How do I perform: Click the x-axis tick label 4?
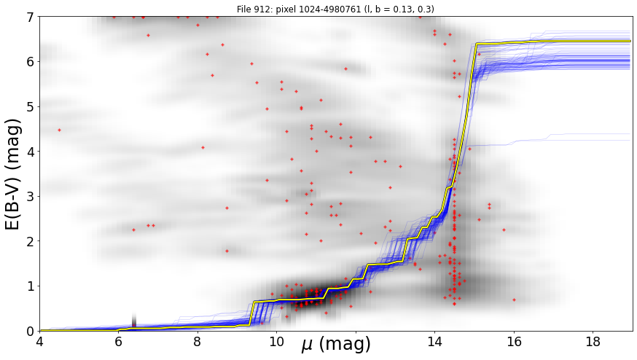click(x=39, y=341)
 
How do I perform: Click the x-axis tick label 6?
click(x=118, y=341)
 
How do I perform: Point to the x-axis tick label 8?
click(x=198, y=341)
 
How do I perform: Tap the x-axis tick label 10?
click(x=277, y=341)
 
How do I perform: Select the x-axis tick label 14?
click(x=434, y=341)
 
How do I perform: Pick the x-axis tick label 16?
click(x=514, y=341)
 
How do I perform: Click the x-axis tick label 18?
click(x=593, y=341)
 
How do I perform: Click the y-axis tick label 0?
click(x=31, y=331)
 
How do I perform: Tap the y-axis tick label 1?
click(x=31, y=286)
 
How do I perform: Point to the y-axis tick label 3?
click(x=31, y=196)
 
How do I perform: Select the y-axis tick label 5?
click(x=31, y=106)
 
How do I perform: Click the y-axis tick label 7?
click(x=31, y=17)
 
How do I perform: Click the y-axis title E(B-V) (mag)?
click(x=13, y=174)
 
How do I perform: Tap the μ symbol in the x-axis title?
click(x=308, y=345)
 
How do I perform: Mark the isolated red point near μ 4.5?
click(x=59, y=130)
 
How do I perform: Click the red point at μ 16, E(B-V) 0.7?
click(x=514, y=300)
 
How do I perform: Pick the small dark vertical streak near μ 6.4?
click(x=134, y=320)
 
